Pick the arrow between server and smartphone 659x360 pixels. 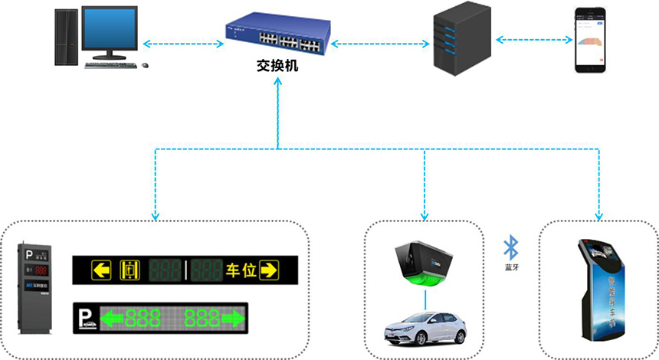(534, 38)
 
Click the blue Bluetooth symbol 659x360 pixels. (511, 247)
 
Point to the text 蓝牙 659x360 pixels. (511, 267)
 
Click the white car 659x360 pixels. (425, 329)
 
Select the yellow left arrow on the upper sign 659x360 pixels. (101, 270)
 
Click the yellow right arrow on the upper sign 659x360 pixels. (269, 270)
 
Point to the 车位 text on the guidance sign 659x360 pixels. (241, 270)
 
